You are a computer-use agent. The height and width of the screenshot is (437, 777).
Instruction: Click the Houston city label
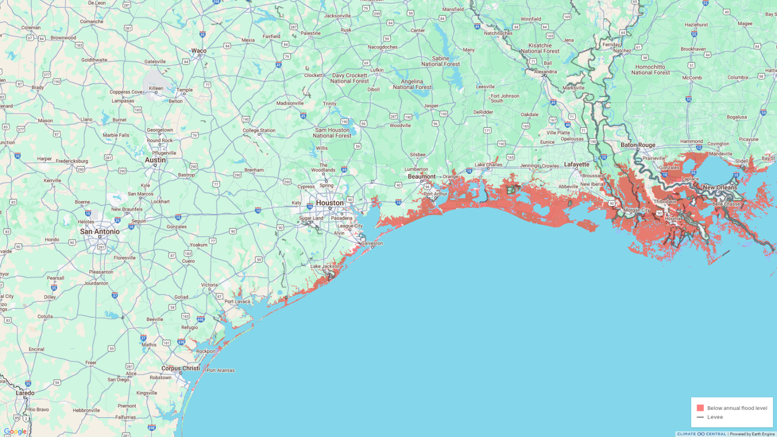[329, 203]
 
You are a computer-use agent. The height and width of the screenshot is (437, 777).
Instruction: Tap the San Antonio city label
[100, 231]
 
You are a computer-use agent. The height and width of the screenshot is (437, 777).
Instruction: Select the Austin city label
[155, 160]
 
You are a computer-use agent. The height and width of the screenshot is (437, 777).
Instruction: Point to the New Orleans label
[720, 187]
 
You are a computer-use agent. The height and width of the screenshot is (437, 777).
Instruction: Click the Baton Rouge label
[638, 145]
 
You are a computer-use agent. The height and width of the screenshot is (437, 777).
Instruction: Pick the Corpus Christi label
[180, 368]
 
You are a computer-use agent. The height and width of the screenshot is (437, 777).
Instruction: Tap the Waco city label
[199, 51]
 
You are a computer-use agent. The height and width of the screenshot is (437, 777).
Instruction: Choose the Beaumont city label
[421, 176]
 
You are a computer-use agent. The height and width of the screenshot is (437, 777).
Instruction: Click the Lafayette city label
[576, 164]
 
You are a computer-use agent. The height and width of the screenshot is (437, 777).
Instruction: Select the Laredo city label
[25, 393]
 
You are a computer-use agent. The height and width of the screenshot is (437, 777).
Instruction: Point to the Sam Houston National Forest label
[332, 133]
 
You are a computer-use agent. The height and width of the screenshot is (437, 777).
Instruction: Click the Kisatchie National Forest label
[540, 48]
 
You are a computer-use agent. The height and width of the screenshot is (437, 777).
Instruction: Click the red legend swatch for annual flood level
[700, 408]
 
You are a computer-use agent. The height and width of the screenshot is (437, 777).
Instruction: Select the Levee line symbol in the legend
[700, 417]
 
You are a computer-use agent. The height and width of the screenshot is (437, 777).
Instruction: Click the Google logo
[15, 431]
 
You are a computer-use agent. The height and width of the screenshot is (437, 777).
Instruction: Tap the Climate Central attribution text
[701, 434]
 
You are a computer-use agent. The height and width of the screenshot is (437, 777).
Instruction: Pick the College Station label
[259, 130]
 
